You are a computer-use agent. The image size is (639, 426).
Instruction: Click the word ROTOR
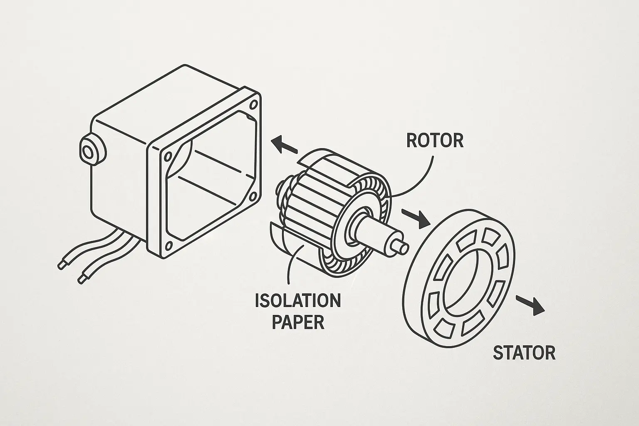[x=435, y=140]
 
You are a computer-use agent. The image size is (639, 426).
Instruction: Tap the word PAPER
[x=298, y=322]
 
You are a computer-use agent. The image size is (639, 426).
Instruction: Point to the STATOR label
[x=524, y=353]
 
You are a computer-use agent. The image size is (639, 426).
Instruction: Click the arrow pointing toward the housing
[x=284, y=145]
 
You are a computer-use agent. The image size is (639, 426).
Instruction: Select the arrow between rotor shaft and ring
[x=416, y=218]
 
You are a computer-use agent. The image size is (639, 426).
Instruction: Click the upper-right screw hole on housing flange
[x=253, y=105]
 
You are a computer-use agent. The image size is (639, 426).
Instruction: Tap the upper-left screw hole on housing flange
[x=168, y=157]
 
